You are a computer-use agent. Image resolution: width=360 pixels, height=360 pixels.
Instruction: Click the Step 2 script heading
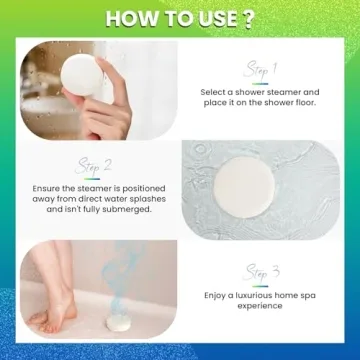(95, 165)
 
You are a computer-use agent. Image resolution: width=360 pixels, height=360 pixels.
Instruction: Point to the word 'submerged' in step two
(146, 211)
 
